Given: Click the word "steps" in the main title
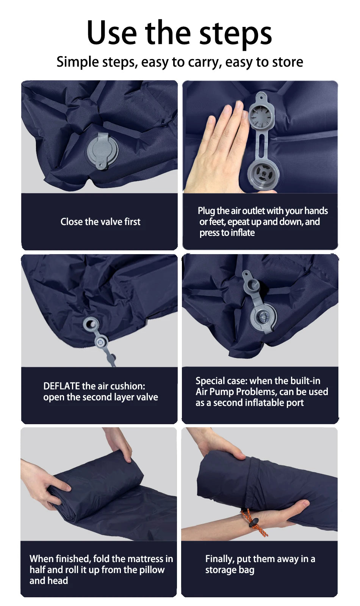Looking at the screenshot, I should click(235, 33).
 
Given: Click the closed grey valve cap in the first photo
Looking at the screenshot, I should click(100, 152).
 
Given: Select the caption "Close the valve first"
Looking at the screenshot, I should click(100, 222).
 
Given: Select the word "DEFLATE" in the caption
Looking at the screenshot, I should click(61, 386).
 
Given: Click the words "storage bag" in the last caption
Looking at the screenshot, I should click(230, 570).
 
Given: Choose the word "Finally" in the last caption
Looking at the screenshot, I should click(219, 559).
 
